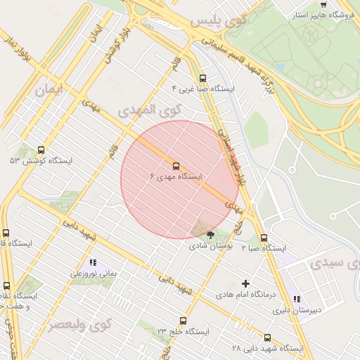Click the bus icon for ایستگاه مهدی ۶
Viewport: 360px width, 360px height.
175,166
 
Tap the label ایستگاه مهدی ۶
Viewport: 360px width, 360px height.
176,176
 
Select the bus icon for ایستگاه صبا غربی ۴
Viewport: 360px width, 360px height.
203,79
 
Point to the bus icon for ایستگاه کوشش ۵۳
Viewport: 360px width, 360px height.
41,150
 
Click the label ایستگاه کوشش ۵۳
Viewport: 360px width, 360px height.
41,161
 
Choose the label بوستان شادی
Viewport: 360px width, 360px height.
210,247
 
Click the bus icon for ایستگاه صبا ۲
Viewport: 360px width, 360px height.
264,238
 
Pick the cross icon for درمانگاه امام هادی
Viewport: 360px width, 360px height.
245,283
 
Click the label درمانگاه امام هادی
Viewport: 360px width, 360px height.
246,294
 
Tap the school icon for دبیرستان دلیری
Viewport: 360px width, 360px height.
296,299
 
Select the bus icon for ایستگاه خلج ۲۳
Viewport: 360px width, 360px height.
183,321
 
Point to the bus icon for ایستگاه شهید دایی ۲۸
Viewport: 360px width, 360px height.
267,337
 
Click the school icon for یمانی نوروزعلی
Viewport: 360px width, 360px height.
93,262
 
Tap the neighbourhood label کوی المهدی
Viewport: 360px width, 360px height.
149,111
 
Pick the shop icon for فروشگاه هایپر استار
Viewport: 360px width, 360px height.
323,4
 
